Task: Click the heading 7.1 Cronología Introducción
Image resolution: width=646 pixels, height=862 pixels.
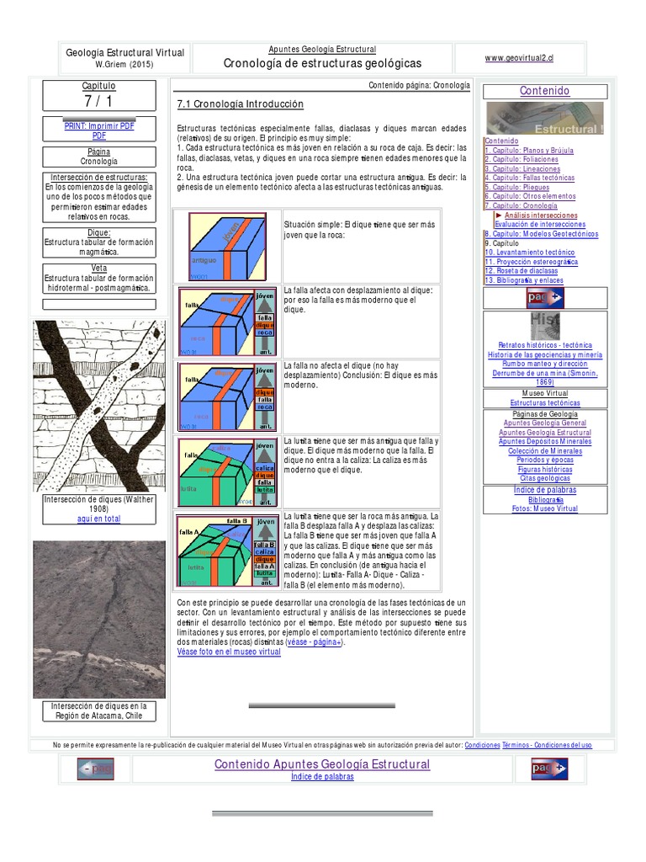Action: (x=240, y=104)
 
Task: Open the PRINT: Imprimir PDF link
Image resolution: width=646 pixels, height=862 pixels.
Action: (x=99, y=125)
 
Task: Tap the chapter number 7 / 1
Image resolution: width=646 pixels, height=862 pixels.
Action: (x=99, y=101)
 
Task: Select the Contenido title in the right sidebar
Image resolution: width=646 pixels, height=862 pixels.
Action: (x=544, y=91)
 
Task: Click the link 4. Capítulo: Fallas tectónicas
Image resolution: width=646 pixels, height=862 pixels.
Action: (x=529, y=178)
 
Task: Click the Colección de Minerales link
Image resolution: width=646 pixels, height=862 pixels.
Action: (x=545, y=450)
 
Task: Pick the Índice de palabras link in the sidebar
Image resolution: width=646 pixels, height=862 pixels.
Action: (x=544, y=490)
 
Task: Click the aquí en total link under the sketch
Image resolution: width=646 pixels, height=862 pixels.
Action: (x=98, y=519)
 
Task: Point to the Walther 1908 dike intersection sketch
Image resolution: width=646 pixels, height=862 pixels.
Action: (x=98, y=406)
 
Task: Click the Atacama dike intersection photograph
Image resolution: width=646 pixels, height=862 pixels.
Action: (x=98, y=620)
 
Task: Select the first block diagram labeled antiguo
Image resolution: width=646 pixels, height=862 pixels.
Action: (x=227, y=246)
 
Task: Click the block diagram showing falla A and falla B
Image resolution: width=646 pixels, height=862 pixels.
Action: (x=227, y=551)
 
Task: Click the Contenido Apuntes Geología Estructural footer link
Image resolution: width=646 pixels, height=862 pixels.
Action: (x=322, y=764)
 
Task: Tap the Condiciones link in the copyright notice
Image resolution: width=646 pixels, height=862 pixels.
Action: (x=482, y=745)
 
